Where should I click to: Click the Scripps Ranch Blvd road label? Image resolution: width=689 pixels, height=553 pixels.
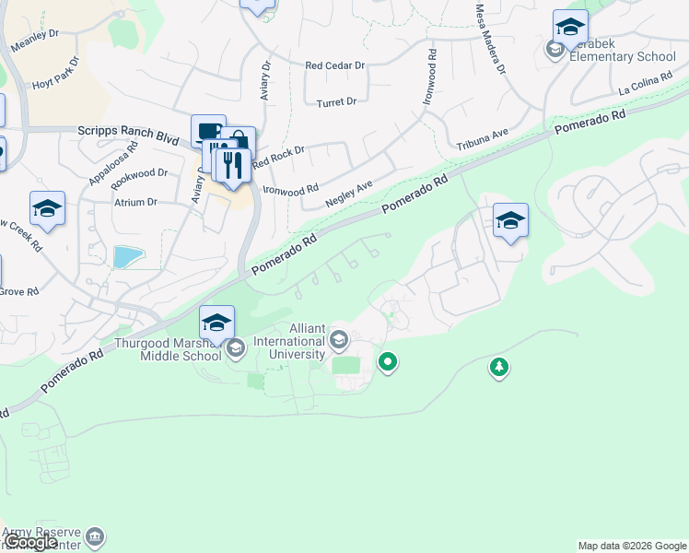(x=128, y=135)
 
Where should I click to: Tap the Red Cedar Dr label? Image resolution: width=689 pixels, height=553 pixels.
(x=335, y=66)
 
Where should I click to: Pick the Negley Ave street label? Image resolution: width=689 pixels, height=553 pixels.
(x=350, y=195)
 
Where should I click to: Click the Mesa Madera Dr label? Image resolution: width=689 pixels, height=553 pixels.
(x=489, y=38)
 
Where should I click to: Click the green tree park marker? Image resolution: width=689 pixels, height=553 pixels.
(x=498, y=368)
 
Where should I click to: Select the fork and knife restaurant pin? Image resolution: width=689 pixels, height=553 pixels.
(x=232, y=166)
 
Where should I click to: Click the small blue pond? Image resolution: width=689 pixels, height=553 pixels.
(x=128, y=256)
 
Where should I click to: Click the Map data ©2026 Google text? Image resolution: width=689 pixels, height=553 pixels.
(x=631, y=546)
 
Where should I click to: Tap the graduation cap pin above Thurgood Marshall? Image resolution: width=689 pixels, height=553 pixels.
(x=216, y=324)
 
